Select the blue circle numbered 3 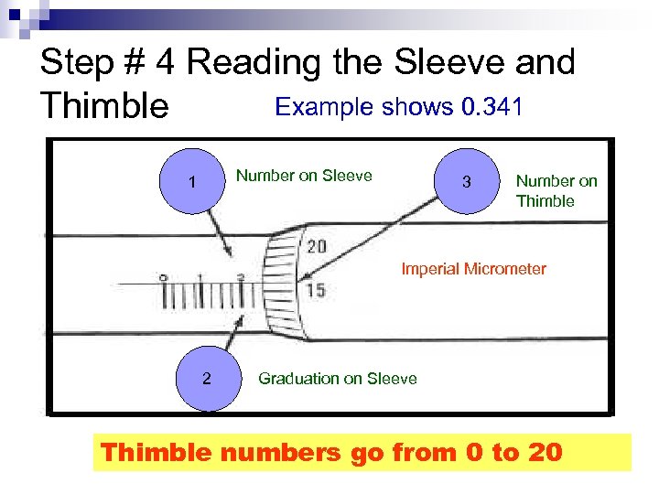tap(467, 182)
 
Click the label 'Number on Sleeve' tap(304, 176)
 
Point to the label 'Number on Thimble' tap(556, 191)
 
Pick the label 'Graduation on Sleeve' tap(337, 379)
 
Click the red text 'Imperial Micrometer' tap(473, 269)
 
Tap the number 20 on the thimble tap(317, 246)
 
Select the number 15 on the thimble tap(315, 291)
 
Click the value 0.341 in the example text tap(492, 107)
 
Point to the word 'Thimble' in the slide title tap(104, 108)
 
